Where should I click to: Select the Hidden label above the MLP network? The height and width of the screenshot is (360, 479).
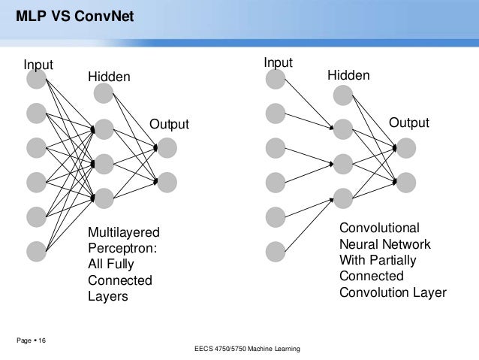(x=110, y=77)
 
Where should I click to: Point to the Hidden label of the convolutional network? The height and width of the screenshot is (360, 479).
(x=348, y=76)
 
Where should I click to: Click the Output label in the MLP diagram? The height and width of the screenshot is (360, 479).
(x=170, y=124)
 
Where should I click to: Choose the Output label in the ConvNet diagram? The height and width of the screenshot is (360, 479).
(x=408, y=123)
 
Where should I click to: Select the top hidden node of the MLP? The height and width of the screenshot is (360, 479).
(x=104, y=93)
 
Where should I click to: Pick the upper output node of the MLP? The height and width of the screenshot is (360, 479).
(x=167, y=146)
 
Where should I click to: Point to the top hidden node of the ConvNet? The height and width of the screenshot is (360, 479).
(x=343, y=94)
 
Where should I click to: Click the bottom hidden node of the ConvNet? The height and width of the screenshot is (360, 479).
(x=343, y=198)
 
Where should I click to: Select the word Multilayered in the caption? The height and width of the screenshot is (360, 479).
(x=125, y=231)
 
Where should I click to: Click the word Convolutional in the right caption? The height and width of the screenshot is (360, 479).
(x=381, y=228)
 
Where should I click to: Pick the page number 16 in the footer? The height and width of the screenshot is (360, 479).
(x=40, y=342)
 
